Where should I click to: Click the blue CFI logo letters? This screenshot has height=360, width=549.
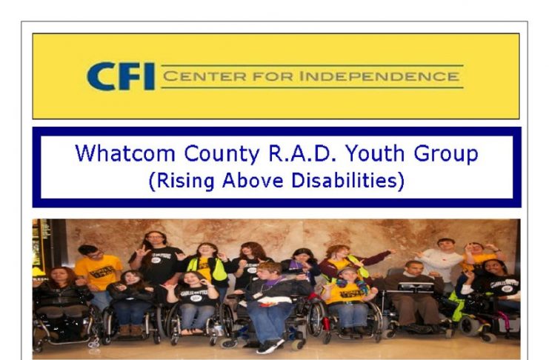121,76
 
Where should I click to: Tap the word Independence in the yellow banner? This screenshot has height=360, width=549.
379,76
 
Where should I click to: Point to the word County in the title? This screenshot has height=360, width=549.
222,154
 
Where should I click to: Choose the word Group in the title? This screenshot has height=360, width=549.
446,154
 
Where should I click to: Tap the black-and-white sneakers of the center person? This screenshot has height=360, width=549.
270,346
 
